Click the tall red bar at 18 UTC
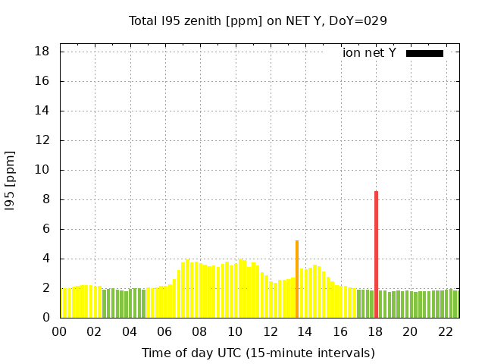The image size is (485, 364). click(376, 254)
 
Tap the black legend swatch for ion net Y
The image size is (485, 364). click(424, 53)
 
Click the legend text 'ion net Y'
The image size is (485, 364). click(369, 53)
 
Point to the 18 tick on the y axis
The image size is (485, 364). click(42, 52)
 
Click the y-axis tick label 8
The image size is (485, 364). click(46, 199)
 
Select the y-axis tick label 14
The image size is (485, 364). click(42, 111)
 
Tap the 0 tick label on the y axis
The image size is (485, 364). click(46, 318)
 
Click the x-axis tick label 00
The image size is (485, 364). click(60, 331)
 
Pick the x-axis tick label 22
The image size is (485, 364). click(445, 331)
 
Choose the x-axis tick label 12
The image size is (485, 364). click(270, 331)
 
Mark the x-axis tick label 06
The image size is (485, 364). click(165, 331)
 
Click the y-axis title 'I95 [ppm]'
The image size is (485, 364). click(11, 180)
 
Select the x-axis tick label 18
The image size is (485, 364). click(375, 331)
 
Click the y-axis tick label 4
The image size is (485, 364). click(46, 259)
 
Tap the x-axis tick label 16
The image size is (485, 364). click(340, 331)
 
